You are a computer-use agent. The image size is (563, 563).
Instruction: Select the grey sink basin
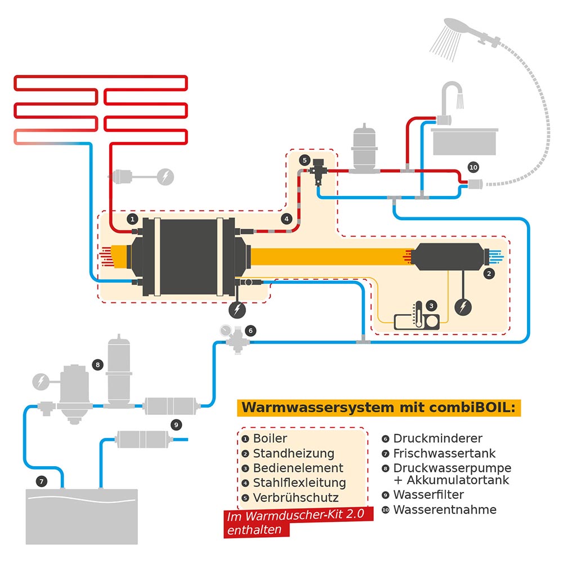464,140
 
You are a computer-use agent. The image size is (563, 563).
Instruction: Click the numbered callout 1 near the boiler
132,218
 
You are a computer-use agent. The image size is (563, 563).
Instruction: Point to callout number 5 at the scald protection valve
305,160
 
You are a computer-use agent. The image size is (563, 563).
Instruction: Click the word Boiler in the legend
270,439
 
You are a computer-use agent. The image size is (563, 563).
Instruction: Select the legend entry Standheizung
293,453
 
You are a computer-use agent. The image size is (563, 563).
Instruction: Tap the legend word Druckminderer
437,439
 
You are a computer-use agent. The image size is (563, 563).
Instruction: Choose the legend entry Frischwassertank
444,453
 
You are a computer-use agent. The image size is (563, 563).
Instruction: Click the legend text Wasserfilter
428,495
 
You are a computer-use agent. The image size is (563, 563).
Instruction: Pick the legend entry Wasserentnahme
445,510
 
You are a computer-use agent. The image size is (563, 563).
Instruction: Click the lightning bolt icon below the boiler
237,309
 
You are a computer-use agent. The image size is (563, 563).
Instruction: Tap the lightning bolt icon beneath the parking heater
463,307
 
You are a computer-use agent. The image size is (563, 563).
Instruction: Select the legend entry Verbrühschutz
296,498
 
